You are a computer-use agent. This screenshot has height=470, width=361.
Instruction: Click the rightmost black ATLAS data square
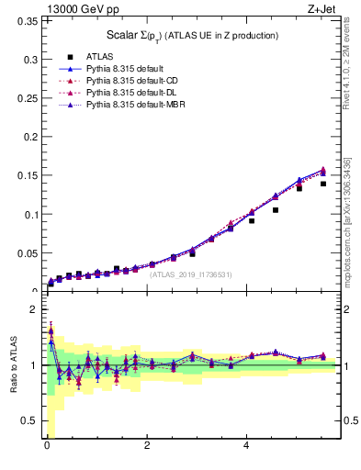(322, 184)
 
